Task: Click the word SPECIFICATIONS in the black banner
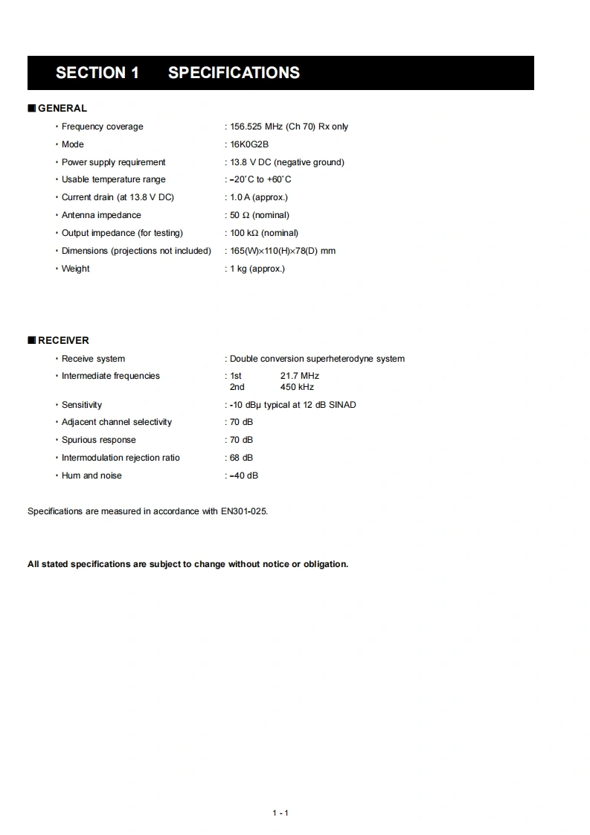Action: pyautogui.click(x=234, y=73)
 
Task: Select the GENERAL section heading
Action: pyautogui.click(x=62, y=109)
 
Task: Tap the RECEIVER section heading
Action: pyautogui.click(x=63, y=341)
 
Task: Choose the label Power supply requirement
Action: pyautogui.click(x=113, y=162)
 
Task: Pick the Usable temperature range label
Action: pyautogui.click(x=113, y=179)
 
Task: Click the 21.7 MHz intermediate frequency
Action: pyautogui.click(x=299, y=377)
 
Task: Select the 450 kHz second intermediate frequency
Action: pyautogui.click(x=297, y=387)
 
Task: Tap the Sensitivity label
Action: pyautogui.click(x=82, y=405)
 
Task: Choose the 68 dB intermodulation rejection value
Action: pyautogui.click(x=241, y=458)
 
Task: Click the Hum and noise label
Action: pyautogui.click(x=92, y=476)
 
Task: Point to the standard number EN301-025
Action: pyautogui.click(x=243, y=511)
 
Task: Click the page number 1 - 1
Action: pyautogui.click(x=280, y=813)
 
